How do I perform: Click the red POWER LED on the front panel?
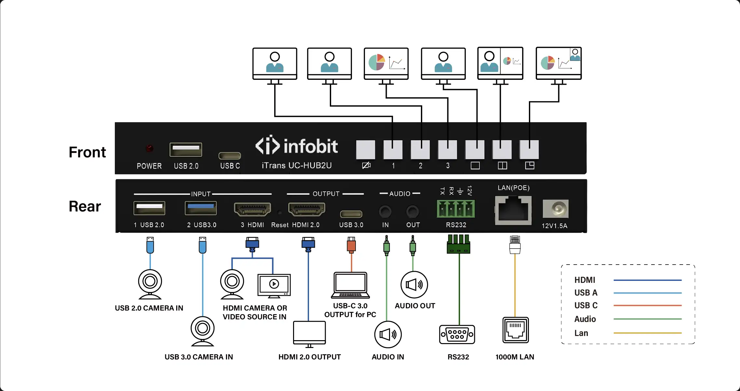150,149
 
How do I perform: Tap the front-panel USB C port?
230,155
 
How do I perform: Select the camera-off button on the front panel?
366,150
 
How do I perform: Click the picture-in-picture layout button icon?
530,166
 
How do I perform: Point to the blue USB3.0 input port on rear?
201,208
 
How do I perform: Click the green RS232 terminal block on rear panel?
456,209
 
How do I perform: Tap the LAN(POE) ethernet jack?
513,210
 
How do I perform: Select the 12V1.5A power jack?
556,209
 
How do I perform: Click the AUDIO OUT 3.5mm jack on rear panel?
412,212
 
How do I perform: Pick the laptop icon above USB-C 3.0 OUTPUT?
350,285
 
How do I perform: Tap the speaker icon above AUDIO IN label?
388,335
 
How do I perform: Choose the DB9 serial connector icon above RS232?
457,334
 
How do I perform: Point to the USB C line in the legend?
647,306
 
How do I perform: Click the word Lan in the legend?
581,333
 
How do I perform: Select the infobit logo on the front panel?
296,146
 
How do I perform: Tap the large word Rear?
85,206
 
